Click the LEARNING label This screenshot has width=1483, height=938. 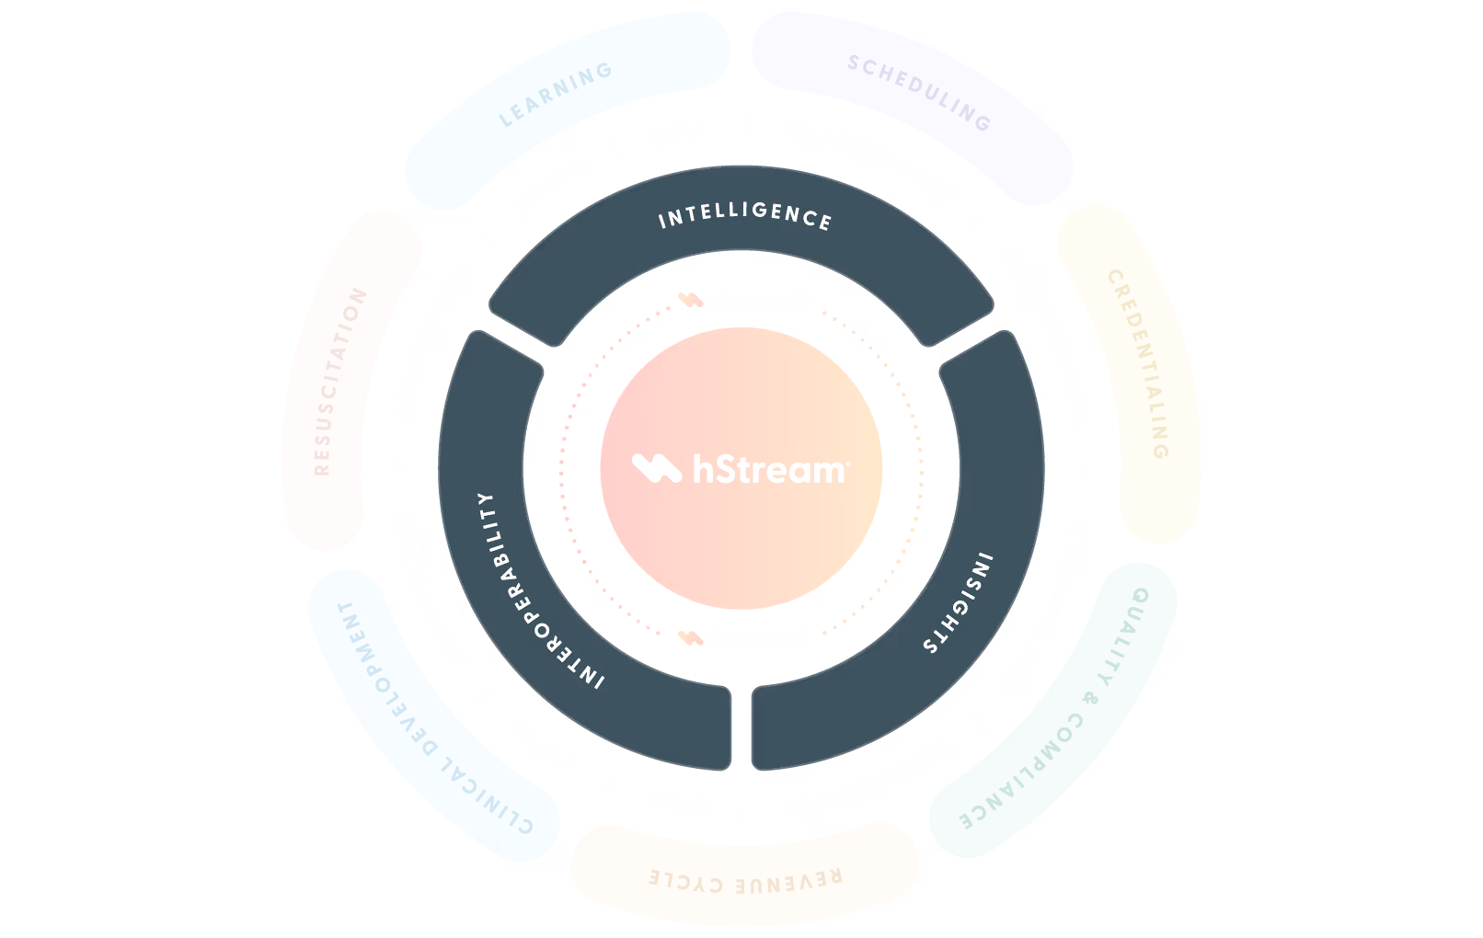[x=556, y=95]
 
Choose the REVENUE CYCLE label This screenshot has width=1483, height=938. [x=745, y=880]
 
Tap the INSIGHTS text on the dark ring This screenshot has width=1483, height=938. [x=959, y=603]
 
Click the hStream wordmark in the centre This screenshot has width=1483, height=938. [x=771, y=469]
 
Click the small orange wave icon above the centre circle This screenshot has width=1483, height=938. [x=690, y=300]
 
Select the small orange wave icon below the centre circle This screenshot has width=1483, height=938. [x=690, y=637]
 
